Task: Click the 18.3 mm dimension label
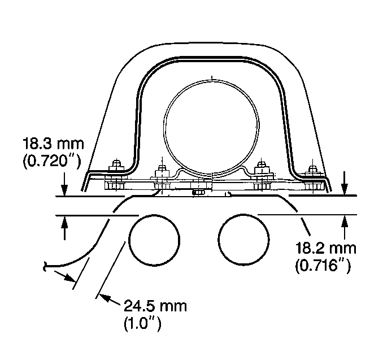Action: pyautogui.click(x=53, y=144)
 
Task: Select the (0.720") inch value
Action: pyautogui.click(x=51, y=161)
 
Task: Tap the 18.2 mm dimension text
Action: pyautogui.click(x=326, y=248)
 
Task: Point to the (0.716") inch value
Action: pyautogui.click(x=323, y=266)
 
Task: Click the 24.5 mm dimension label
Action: pyautogui.click(x=155, y=306)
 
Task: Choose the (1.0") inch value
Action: pyautogui.click(x=143, y=324)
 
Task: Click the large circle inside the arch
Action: pyautogui.click(x=211, y=127)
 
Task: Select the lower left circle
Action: pyautogui.click(x=154, y=240)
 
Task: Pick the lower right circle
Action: pyautogui.click(x=243, y=239)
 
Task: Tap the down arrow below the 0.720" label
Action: pyautogui.click(x=64, y=184)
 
